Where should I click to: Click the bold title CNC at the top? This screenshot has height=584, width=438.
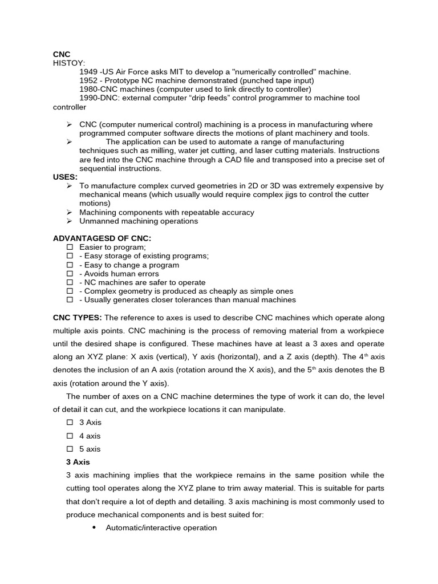tap(62, 54)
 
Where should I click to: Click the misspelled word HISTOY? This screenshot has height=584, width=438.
tap(68, 63)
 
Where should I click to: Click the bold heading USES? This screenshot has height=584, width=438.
tap(65, 177)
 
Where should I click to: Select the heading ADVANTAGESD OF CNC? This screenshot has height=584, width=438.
tap(102, 238)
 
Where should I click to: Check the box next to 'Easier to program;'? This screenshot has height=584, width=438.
tap(70, 248)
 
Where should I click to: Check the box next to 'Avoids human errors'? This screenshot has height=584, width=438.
tap(70, 274)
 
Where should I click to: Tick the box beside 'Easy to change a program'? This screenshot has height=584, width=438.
tap(70, 265)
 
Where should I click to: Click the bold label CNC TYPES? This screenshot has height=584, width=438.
tap(78, 318)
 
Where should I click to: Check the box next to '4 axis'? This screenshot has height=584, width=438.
tap(70, 436)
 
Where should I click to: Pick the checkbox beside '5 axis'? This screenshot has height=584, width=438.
tap(70, 449)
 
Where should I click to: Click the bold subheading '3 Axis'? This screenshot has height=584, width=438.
tap(78, 462)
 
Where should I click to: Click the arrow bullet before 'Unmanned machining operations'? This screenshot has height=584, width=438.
tap(69, 221)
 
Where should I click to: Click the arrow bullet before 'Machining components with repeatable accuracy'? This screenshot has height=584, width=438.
tap(69, 212)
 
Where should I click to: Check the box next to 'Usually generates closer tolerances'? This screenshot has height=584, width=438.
tap(70, 300)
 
